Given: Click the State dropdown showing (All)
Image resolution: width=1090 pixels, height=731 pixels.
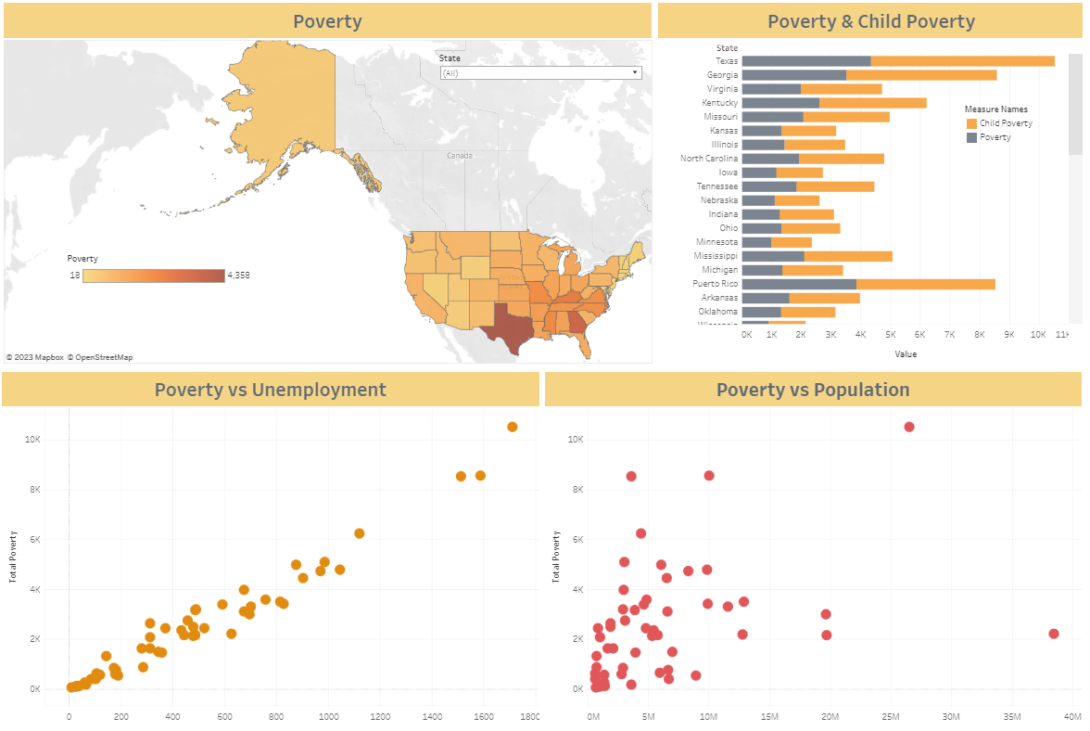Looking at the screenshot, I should coord(540,72).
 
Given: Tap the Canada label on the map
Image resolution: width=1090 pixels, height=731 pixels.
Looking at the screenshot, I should coord(460,156).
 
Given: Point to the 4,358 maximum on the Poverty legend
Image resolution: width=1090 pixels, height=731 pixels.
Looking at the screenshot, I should coord(238,276).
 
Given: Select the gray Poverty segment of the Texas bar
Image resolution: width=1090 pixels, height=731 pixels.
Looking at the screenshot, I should coord(806,61).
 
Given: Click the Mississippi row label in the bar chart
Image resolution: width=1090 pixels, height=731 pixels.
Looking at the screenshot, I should coord(716,256).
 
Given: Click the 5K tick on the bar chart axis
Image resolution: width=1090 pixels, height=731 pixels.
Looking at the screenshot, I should coord(890,334).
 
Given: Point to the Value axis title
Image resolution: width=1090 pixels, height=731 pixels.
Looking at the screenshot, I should coord(906,353).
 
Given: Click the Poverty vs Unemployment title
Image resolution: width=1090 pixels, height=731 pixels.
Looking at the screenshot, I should coord(270,390).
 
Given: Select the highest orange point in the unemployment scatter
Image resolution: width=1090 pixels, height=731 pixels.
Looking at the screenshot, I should coord(512,427).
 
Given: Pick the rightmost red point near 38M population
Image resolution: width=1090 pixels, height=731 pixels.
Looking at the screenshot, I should coord(1053,634).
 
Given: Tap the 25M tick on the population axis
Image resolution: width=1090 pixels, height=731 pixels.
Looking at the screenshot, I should coord(891,717).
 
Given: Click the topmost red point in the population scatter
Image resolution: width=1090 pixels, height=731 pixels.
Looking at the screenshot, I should coord(909,427).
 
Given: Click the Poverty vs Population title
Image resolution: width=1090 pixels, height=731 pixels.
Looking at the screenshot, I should coord(813,390).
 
